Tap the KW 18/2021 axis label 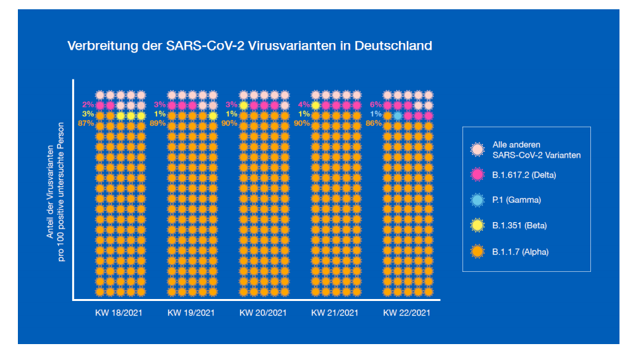click(x=120, y=313)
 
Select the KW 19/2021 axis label click(x=191, y=313)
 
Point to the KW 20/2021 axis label click(x=263, y=313)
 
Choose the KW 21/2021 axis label click(x=335, y=313)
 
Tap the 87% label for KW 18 click(x=87, y=124)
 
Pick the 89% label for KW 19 click(x=158, y=124)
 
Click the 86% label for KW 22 click(x=374, y=124)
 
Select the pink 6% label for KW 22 click(x=376, y=105)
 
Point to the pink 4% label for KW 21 click(x=303, y=105)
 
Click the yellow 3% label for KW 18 click(x=88, y=115)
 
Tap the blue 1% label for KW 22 click(x=376, y=115)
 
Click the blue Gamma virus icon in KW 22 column click(x=398, y=115)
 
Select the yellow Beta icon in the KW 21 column click(x=315, y=105)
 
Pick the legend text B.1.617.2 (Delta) click(x=523, y=175)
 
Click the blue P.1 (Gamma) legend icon click(x=477, y=200)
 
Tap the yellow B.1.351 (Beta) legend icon click(x=477, y=225)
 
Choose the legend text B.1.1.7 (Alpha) click(x=520, y=252)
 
